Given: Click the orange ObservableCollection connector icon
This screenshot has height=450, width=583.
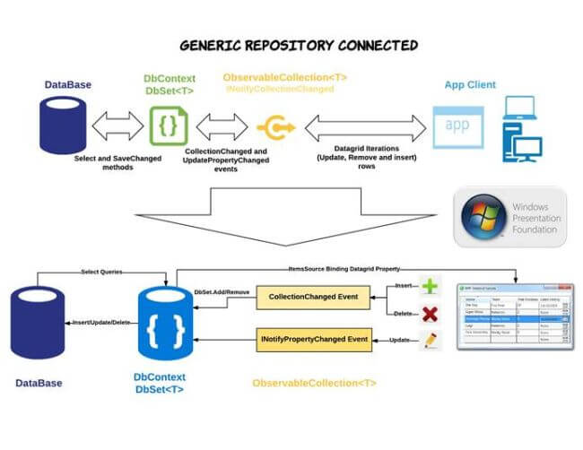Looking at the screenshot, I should click(274, 127).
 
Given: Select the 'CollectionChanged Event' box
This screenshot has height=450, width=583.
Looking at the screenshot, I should click(313, 297).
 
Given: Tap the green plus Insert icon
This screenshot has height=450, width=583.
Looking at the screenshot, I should click(431, 287).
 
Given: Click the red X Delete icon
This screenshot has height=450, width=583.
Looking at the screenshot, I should click(431, 314).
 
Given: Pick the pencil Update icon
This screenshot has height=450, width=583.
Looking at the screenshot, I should click(431, 340).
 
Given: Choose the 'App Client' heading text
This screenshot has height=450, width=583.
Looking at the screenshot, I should click(470, 85).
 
